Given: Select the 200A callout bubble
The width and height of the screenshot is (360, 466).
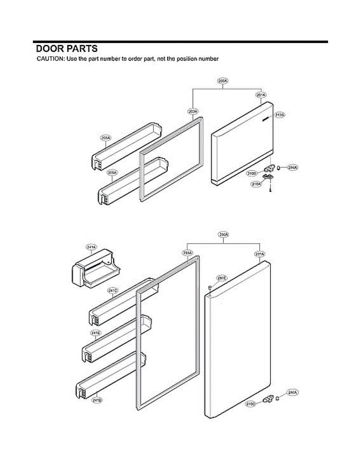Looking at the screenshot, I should click(223, 81).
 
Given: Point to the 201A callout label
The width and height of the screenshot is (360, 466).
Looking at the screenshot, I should click(261, 95).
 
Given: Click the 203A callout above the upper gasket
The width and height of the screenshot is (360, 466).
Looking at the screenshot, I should click(193, 111).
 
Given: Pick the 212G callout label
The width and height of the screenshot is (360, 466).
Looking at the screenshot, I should click(280, 115).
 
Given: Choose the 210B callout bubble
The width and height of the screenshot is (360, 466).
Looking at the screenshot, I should click(252, 173).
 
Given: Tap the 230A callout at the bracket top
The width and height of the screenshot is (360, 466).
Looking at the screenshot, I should click(224, 235).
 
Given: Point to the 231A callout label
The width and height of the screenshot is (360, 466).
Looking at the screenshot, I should click(259, 254).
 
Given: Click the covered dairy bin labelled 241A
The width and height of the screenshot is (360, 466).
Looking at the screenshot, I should click(95, 269).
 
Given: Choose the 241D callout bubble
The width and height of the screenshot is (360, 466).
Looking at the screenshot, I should click(97, 400).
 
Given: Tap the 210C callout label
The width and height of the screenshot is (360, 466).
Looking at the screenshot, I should click(251, 404).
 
